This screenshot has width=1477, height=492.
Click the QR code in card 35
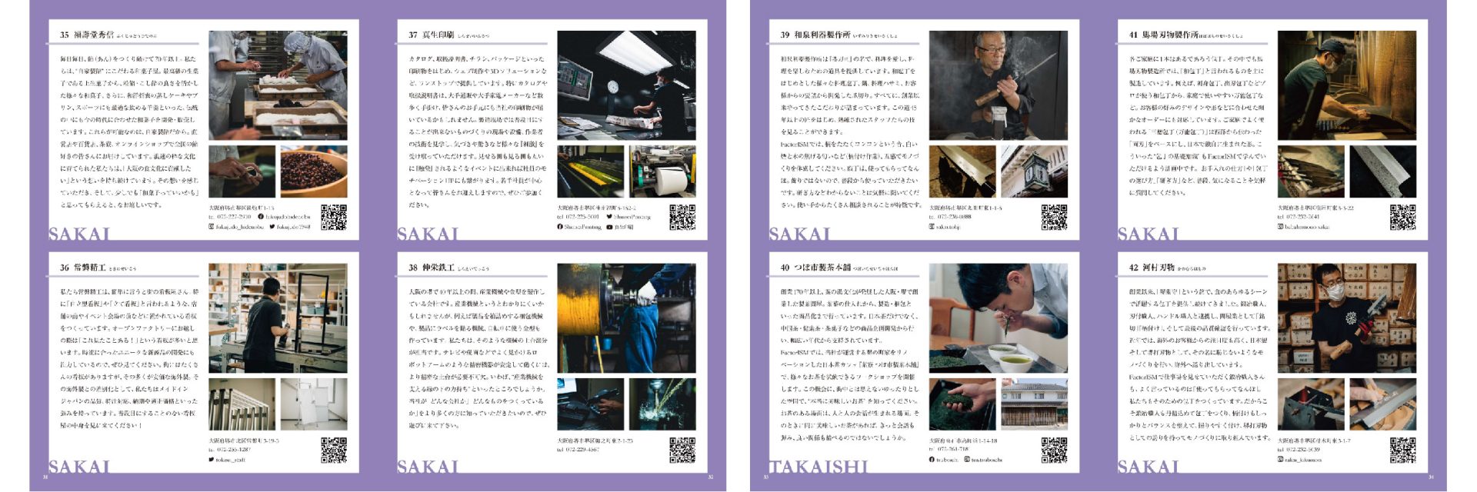point(333,217)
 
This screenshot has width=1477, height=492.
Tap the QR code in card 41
point(1402,217)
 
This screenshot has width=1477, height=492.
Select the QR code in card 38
point(682,450)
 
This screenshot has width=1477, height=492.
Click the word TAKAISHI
point(819,467)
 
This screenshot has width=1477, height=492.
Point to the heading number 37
point(413,35)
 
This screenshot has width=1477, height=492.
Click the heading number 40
point(785,268)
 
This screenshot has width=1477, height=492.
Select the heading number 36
point(65,268)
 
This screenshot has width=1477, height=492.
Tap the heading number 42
point(1133,268)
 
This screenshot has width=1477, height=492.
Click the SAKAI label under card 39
point(800,234)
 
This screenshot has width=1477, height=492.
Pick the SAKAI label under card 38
point(428,467)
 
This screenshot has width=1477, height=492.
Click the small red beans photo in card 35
point(313,171)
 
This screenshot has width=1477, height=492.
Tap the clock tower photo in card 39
point(1034,171)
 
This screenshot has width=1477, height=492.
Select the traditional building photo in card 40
point(1034,404)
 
